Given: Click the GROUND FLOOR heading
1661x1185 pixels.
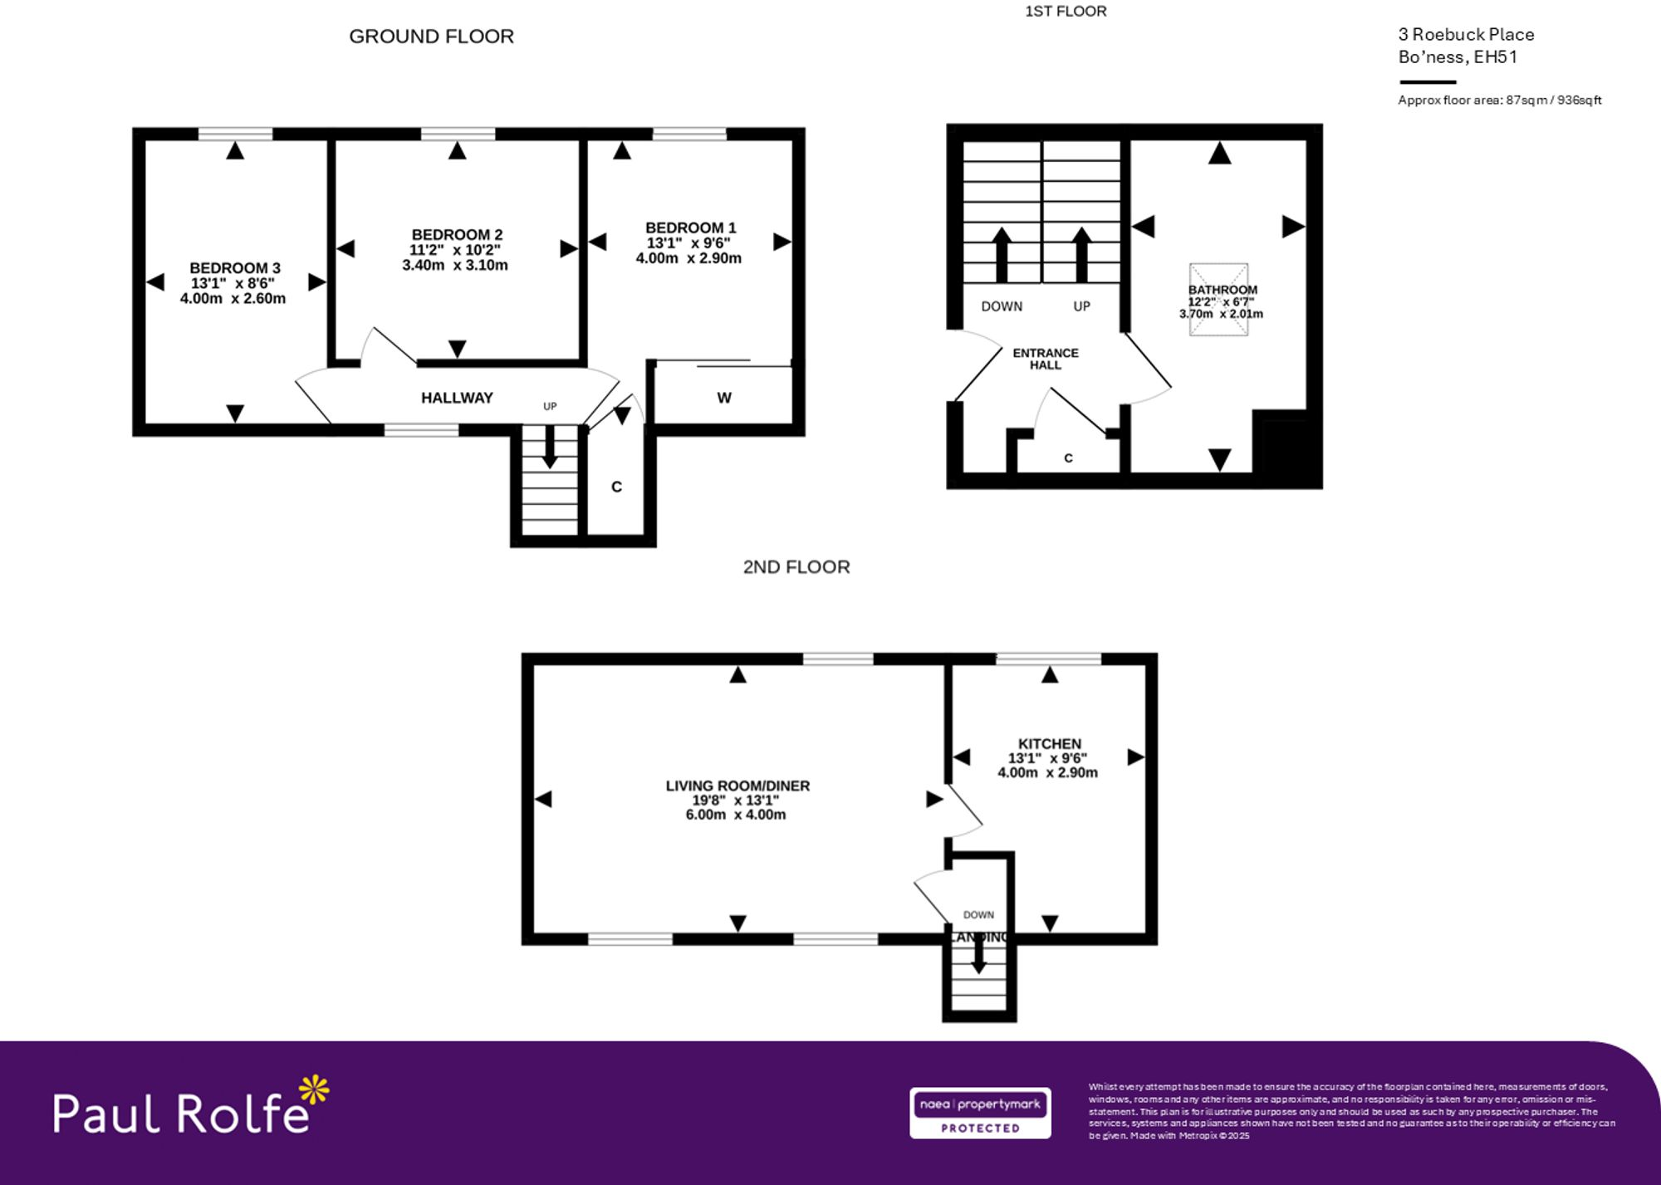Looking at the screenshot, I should tap(431, 37).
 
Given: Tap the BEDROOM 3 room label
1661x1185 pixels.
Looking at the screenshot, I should tap(235, 268).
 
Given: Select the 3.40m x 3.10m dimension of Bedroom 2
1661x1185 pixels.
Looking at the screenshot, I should tap(455, 265).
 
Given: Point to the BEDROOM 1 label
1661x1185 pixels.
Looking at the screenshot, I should tap(690, 228).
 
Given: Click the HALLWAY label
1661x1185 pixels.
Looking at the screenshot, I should tap(457, 398).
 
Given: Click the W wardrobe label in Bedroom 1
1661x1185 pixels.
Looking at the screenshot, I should tap(724, 398).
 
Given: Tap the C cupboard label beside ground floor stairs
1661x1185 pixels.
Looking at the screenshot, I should tap(616, 487).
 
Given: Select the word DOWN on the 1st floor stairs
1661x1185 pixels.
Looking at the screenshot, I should tap(1002, 306).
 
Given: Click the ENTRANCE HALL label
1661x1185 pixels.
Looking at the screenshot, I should tap(1046, 359).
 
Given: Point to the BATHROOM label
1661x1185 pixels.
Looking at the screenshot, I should tap(1222, 290).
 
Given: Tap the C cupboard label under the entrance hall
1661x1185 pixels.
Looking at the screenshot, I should tap(1069, 458).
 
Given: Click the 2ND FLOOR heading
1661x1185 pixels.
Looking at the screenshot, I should tap(796, 567).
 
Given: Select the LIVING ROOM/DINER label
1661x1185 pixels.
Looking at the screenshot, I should tap(737, 786).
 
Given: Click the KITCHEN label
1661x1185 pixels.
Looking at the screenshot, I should tap(1050, 744).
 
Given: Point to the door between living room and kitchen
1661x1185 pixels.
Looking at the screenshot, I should tap(963, 810).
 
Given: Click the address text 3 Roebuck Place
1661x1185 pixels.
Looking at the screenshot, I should tap(1466, 35).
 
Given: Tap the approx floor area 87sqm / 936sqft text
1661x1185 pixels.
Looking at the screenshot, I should tap(1499, 100).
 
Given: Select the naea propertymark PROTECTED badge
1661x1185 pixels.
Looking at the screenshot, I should tap(980, 1113).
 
